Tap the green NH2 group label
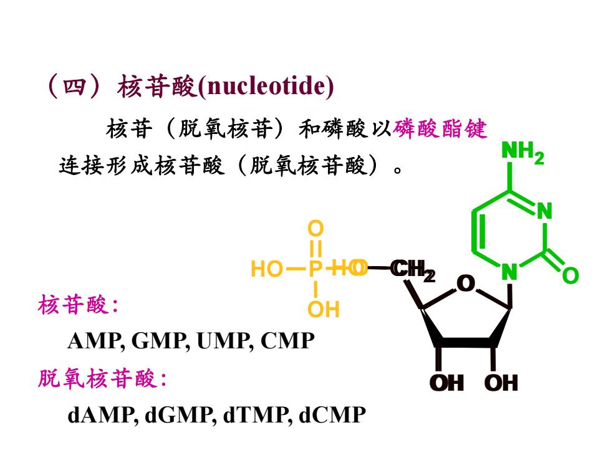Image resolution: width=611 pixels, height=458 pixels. point(522,152)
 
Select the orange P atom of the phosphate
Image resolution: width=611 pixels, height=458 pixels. point(315,269)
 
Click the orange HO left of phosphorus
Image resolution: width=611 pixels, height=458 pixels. point(267,269)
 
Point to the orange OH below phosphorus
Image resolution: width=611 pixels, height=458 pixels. point(324,309)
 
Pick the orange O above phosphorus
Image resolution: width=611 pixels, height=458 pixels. point(315,229)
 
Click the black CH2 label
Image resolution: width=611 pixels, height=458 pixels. point(413,270)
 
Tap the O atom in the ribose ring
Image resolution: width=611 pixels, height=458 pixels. point(466,284)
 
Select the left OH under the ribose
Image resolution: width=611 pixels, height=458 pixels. point(446,383)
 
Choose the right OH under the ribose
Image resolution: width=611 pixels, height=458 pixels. point(501,383)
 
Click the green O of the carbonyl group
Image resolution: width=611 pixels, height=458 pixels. point(570,275)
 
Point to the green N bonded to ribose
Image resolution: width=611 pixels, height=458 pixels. point(509,272)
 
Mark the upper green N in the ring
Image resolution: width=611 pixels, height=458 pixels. point(544,211)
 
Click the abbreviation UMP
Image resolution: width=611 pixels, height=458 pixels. point(222,341)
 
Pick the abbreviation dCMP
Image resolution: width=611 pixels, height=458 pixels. point(332,415)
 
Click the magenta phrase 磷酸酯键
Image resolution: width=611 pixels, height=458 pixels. point(440,129)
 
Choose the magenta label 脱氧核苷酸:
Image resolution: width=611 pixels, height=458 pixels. point(102,378)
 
